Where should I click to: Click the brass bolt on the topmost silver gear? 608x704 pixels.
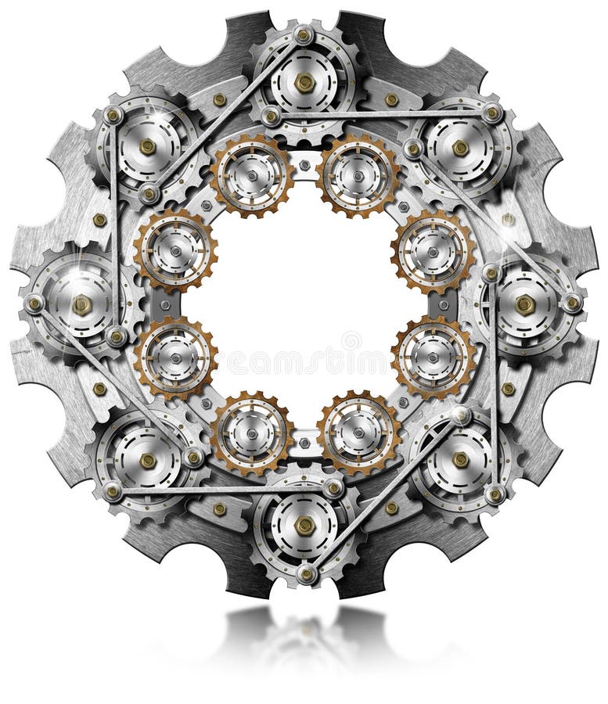click(304, 81)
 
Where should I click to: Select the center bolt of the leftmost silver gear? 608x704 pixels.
click(81, 304)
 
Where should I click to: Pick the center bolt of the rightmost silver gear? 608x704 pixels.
click(526, 304)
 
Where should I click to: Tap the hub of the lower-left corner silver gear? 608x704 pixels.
click(147, 461)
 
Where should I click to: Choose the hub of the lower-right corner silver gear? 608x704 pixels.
click(461, 461)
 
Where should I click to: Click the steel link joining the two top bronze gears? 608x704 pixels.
click(304, 166)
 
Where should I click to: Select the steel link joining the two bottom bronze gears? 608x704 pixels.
click(304, 443)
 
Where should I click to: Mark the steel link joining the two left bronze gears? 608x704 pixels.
click(166, 304)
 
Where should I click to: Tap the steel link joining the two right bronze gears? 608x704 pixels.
click(443, 304)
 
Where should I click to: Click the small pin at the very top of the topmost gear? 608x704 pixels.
click(304, 34)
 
